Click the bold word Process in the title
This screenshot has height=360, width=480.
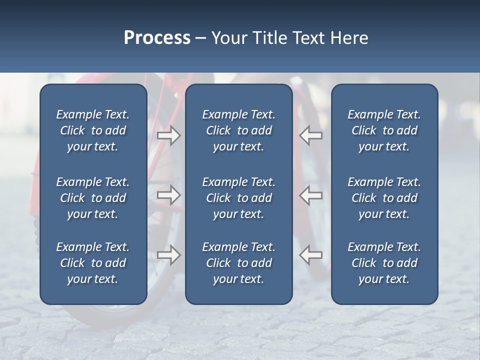coord(157,38)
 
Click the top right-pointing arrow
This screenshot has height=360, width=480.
coord(168,135)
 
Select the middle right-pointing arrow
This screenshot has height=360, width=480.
coord(168,195)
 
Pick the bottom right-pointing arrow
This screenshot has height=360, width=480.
coord(168,255)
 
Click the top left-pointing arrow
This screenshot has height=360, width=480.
coord(311,135)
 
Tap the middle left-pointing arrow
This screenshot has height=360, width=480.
coord(311,195)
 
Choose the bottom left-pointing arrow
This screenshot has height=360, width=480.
coord(311,255)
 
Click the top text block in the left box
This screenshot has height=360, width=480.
coord(93,130)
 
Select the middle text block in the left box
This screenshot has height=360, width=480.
coord(93,198)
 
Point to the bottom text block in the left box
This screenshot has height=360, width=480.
coord(93,263)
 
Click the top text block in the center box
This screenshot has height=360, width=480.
coord(238,130)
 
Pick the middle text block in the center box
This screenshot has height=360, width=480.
coord(238,198)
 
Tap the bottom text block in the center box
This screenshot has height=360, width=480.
coord(238,263)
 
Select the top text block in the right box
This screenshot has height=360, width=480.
coord(384,130)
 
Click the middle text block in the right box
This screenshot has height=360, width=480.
coord(384,198)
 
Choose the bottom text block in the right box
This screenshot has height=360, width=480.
coord(384,263)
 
